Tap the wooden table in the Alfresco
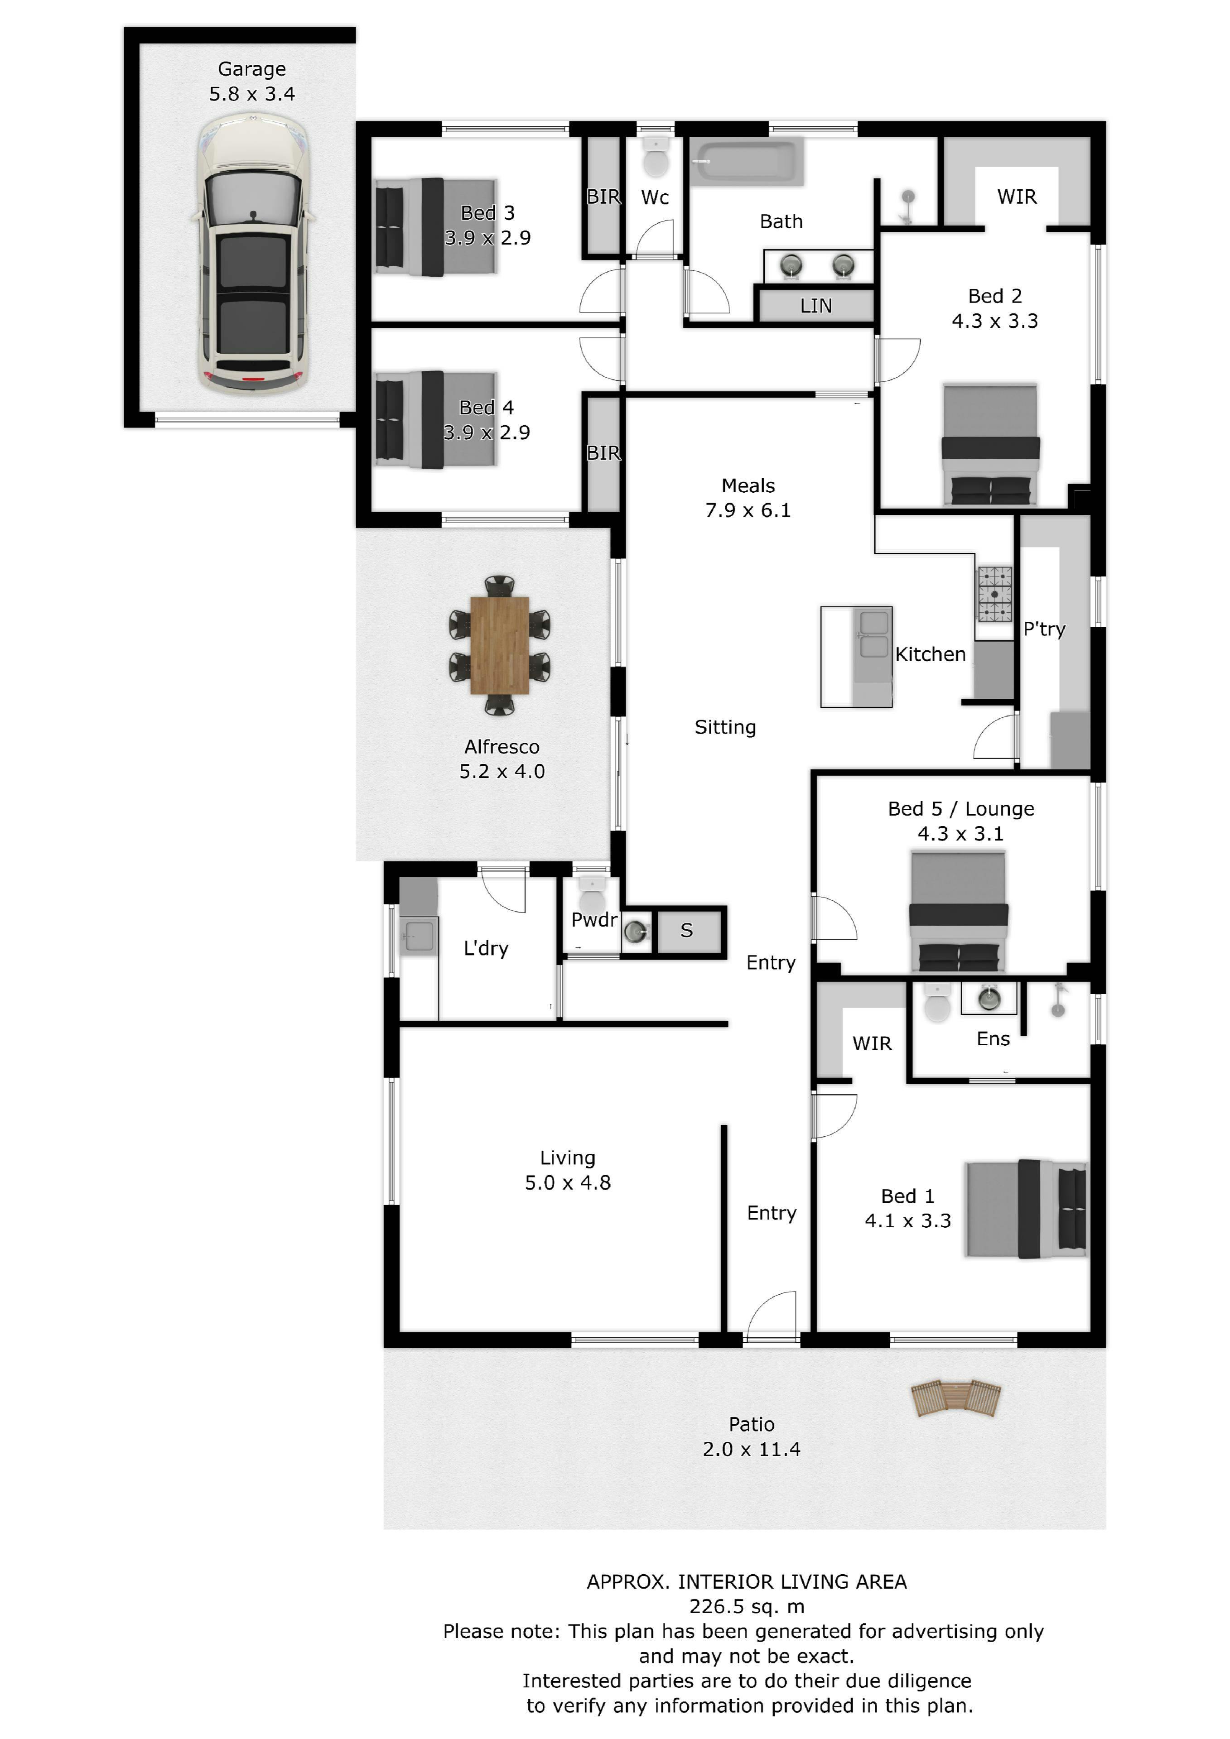coord(499,645)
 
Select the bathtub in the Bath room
coord(747,161)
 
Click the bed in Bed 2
coord(990,445)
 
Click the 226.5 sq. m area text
coord(747,1606)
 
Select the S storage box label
coord(687,930)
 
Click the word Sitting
coord(725,728)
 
